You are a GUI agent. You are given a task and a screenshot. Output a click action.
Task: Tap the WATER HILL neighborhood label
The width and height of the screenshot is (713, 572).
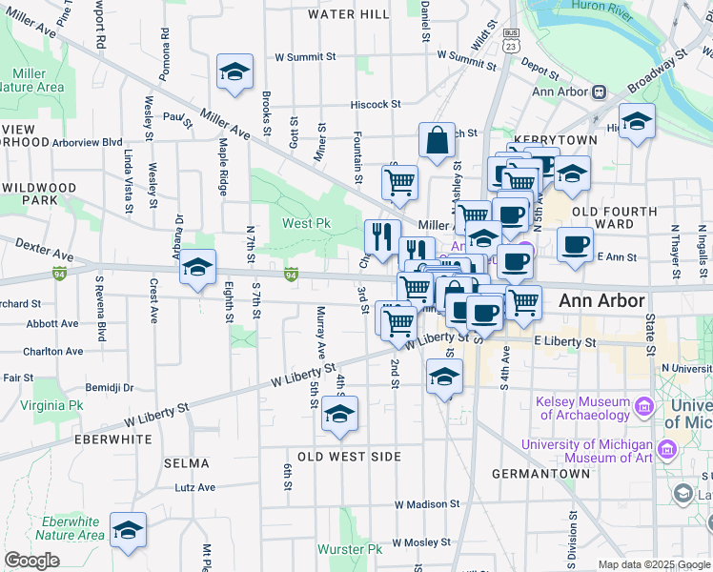click(x=348, y=14)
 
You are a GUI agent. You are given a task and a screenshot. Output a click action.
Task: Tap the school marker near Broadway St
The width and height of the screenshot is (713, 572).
click(x=637, y=121)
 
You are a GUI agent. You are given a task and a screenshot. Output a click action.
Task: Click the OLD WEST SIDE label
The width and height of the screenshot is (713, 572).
click(x=349, y=457)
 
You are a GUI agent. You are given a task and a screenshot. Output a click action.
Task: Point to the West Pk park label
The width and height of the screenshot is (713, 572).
click(x=307, y=223)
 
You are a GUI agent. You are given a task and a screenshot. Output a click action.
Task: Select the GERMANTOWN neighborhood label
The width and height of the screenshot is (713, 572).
click(x=540, y=474)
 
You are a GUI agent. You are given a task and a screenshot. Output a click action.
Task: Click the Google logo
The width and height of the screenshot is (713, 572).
click(x=31, y=561)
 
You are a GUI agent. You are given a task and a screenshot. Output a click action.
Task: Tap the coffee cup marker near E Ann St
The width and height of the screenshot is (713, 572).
click(x=575, y=245)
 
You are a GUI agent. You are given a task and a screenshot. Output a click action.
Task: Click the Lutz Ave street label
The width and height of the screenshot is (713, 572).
click(x=195, y=487)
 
